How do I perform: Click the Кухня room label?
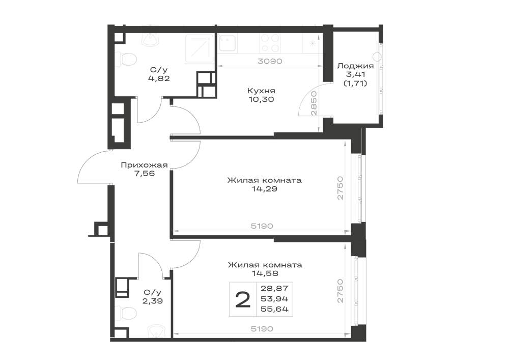tap(261, 91)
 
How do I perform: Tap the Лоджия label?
tap(355, 66)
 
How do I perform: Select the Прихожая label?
tap(144, 165)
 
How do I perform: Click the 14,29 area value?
tap(264, 188)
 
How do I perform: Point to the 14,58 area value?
tap(265, 273)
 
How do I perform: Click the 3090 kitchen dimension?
tap(270, 61)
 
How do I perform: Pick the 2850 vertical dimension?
tap(314, 103)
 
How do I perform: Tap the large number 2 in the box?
tap(243, 299)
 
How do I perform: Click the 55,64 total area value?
tap(275, 310)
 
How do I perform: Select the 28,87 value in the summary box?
tap(275, 288)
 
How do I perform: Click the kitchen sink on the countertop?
tap(227, 43)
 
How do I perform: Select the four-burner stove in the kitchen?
tap(270, 43)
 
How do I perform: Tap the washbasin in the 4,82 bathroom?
tap(151, 39)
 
